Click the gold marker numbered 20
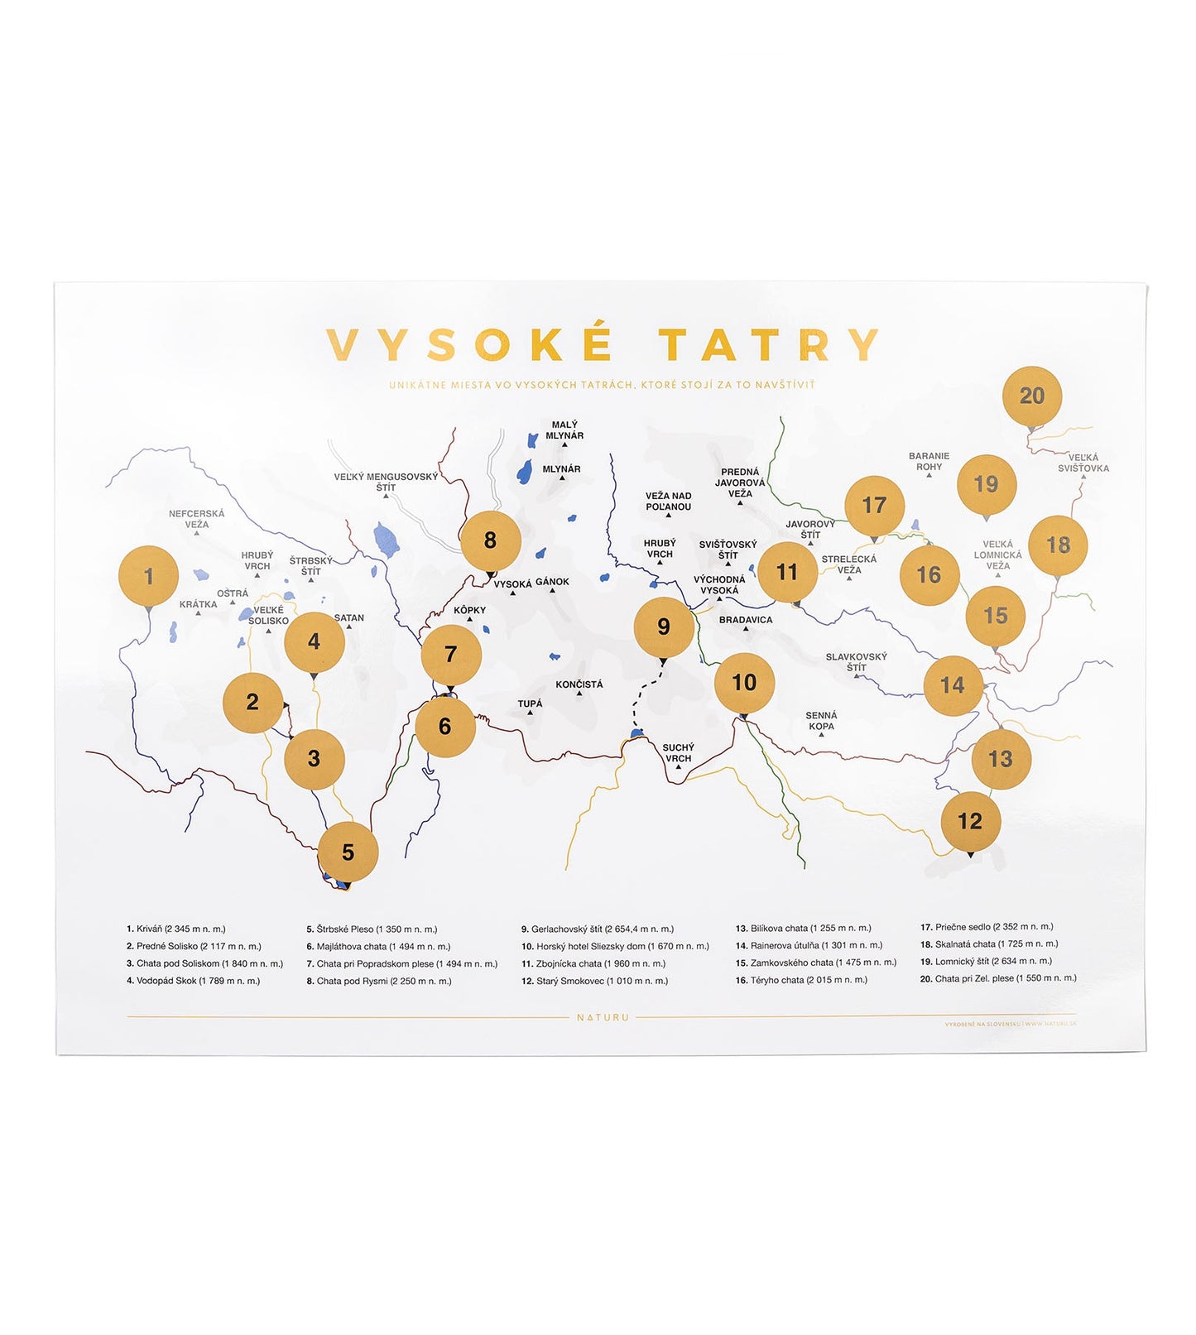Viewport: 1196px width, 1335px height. (1031, 396)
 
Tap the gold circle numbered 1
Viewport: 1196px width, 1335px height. (149, 576)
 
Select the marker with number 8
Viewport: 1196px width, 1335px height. (490, 540)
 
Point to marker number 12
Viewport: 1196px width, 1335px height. (970, 821)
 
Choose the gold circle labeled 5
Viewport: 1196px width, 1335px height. (348, 852)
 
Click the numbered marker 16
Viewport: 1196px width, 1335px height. (929, 574)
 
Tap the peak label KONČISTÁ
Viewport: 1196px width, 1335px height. (579, 684)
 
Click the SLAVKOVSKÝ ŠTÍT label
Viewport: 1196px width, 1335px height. (856, 662)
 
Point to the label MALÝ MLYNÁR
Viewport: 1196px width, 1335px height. (564, 430)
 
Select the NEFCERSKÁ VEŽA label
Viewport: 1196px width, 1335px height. (197, 519)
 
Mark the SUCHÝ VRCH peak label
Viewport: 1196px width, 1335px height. (678, 752)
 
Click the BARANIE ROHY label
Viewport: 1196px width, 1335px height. (929, 461)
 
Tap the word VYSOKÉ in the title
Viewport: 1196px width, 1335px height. (470, 345)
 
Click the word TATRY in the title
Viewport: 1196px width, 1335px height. (769, 345)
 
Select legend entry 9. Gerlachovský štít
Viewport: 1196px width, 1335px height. (598, 929)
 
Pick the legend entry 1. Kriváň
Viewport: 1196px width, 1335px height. (176, 929)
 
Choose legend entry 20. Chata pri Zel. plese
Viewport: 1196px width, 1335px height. (998, 978)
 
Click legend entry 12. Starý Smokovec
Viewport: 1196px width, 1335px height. (594, 981)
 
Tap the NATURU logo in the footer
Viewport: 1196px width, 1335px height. (603, 1017)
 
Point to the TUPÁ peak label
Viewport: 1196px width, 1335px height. (530, 704)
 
